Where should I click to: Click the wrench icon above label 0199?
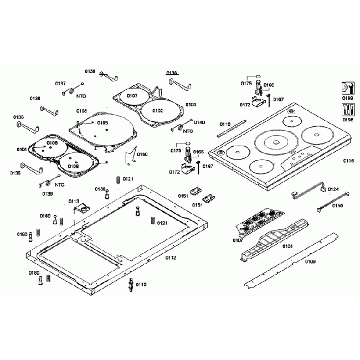tap(347, 88)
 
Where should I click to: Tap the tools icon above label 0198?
tap(347, 109)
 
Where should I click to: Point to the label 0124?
tap(333, 189)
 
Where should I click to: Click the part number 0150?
tap(337, 205)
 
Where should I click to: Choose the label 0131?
tap(288, 245)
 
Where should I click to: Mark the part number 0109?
tap(310, 261)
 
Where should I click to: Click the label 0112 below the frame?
tap(171, 257)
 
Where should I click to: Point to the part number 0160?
tap(142, 154)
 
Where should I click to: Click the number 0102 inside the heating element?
tap(158, 111)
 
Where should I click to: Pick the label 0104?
tap(191, 105)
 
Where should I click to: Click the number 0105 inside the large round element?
tap(103, 123)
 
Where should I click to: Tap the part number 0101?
tap(22, 150)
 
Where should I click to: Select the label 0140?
tap(199, 122)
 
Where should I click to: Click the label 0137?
tap(60, 84)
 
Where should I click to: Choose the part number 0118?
tap(225, 124)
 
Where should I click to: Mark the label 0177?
tap(245, 105)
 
